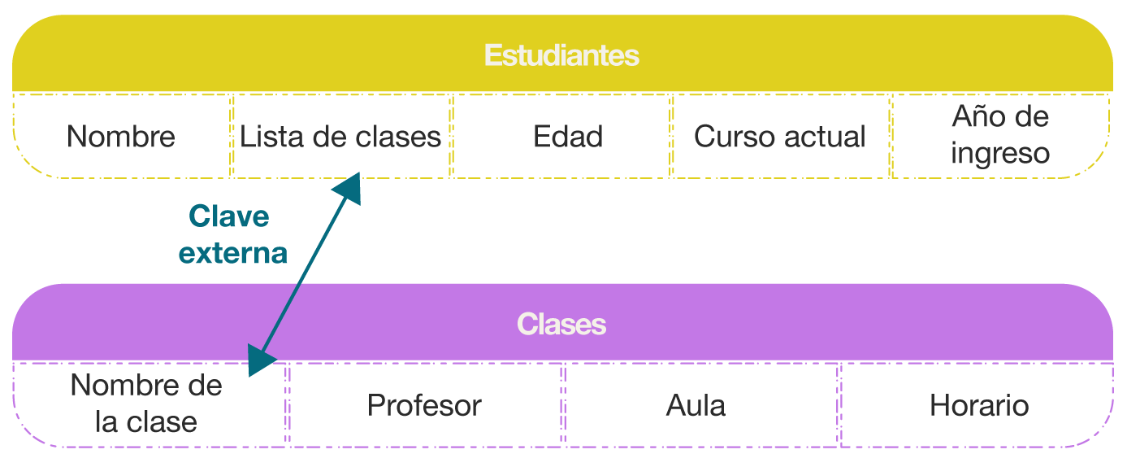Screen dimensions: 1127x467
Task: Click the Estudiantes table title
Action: coord(561,55)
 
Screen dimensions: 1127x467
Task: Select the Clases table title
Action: coord(561,324)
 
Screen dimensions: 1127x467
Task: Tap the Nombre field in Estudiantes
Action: coord(121,137)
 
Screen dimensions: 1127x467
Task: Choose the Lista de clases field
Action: coord(340,137)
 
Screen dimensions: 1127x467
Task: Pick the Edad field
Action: coord(568,137)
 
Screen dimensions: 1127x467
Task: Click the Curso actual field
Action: coord(780,137)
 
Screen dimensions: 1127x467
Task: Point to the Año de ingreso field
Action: coord(1000,134)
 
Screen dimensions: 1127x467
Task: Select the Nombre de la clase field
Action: coord(146,404)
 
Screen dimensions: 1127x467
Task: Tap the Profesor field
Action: coord(424,405)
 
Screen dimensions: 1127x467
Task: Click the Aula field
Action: coord(696,405)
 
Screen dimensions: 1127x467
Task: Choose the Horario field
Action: coord(979,405)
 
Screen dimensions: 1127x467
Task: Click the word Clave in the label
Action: coord(229,216)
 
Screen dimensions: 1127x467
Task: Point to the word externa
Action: coord(233,253)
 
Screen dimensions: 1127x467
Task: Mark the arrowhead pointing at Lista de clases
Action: coord(350,187)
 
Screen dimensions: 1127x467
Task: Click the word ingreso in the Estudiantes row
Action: coord(1000,153)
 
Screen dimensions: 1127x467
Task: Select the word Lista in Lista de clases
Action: coord(271,137)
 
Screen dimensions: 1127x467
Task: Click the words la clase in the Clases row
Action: coord(146,422)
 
